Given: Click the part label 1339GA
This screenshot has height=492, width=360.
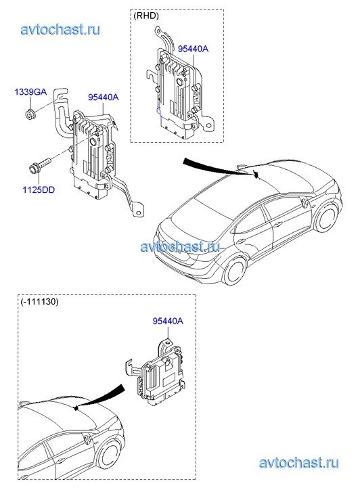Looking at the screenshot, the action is (x=30, y=92).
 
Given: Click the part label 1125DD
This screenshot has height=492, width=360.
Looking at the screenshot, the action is (x=39, y=190).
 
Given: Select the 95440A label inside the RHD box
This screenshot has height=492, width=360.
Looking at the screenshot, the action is (x=193, y=49).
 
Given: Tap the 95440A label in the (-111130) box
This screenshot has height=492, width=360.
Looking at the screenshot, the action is (x=168, y=321).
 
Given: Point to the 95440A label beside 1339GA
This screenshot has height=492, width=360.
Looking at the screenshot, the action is (x=104, y=97).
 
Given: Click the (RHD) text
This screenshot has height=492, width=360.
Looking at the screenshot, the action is (x=146, y=16).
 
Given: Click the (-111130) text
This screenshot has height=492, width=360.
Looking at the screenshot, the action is (x=39, y=302).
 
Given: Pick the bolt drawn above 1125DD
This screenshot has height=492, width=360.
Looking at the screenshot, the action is (x=40, y=164).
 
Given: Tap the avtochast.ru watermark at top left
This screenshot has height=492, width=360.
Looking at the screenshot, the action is (x=60, y=30).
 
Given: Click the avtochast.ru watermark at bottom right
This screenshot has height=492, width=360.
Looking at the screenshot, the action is (x=299, y=463).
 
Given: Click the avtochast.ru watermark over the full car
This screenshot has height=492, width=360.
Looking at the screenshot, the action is (x=180, y=247).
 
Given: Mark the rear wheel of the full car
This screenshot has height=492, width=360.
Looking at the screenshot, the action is (x=235, y=269).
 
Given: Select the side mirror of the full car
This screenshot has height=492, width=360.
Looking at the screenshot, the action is (x=305, y=202).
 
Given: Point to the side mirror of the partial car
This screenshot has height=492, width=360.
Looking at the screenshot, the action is (x=87, y=438).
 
